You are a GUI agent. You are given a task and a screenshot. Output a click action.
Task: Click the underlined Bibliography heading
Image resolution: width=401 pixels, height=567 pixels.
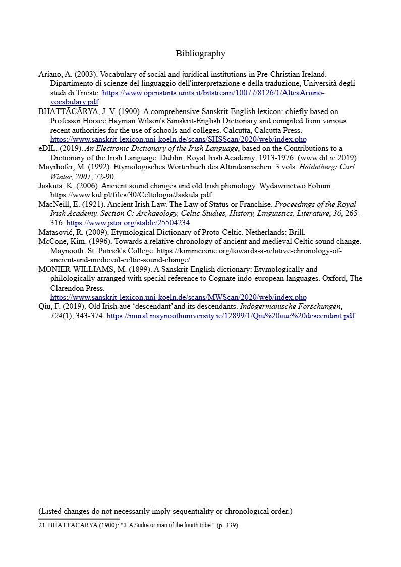(200, 53)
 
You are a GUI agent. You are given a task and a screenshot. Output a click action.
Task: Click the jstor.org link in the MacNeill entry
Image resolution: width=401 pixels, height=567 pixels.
(128, 223)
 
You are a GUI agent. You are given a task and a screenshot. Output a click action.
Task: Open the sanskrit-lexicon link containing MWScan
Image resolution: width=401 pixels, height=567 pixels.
(178, 297)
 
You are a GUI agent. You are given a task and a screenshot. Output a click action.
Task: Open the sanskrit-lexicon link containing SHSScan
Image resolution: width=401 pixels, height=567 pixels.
(178, 139)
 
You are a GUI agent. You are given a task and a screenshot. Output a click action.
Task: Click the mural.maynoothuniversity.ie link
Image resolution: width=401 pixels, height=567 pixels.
(230, 316)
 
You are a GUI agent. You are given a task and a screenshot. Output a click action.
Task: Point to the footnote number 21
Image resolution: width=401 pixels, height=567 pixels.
(42, 525)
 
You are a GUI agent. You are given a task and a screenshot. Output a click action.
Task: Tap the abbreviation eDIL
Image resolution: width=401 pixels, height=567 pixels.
(48, 148)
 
